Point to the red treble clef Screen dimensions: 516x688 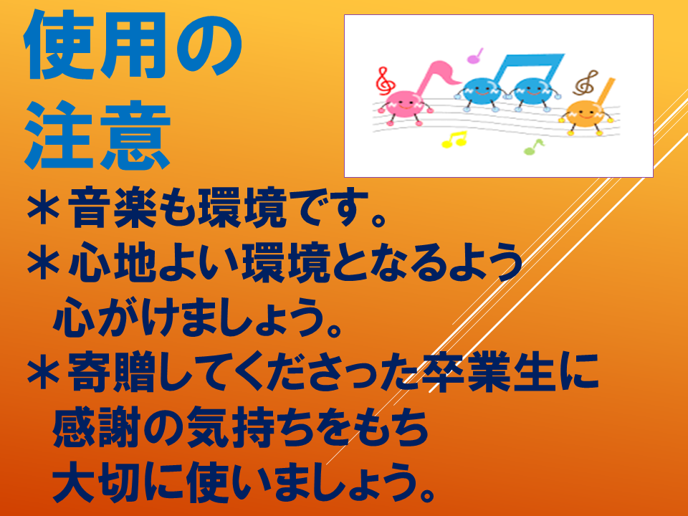tap(384, 80)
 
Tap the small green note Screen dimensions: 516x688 tap(533, 147)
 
